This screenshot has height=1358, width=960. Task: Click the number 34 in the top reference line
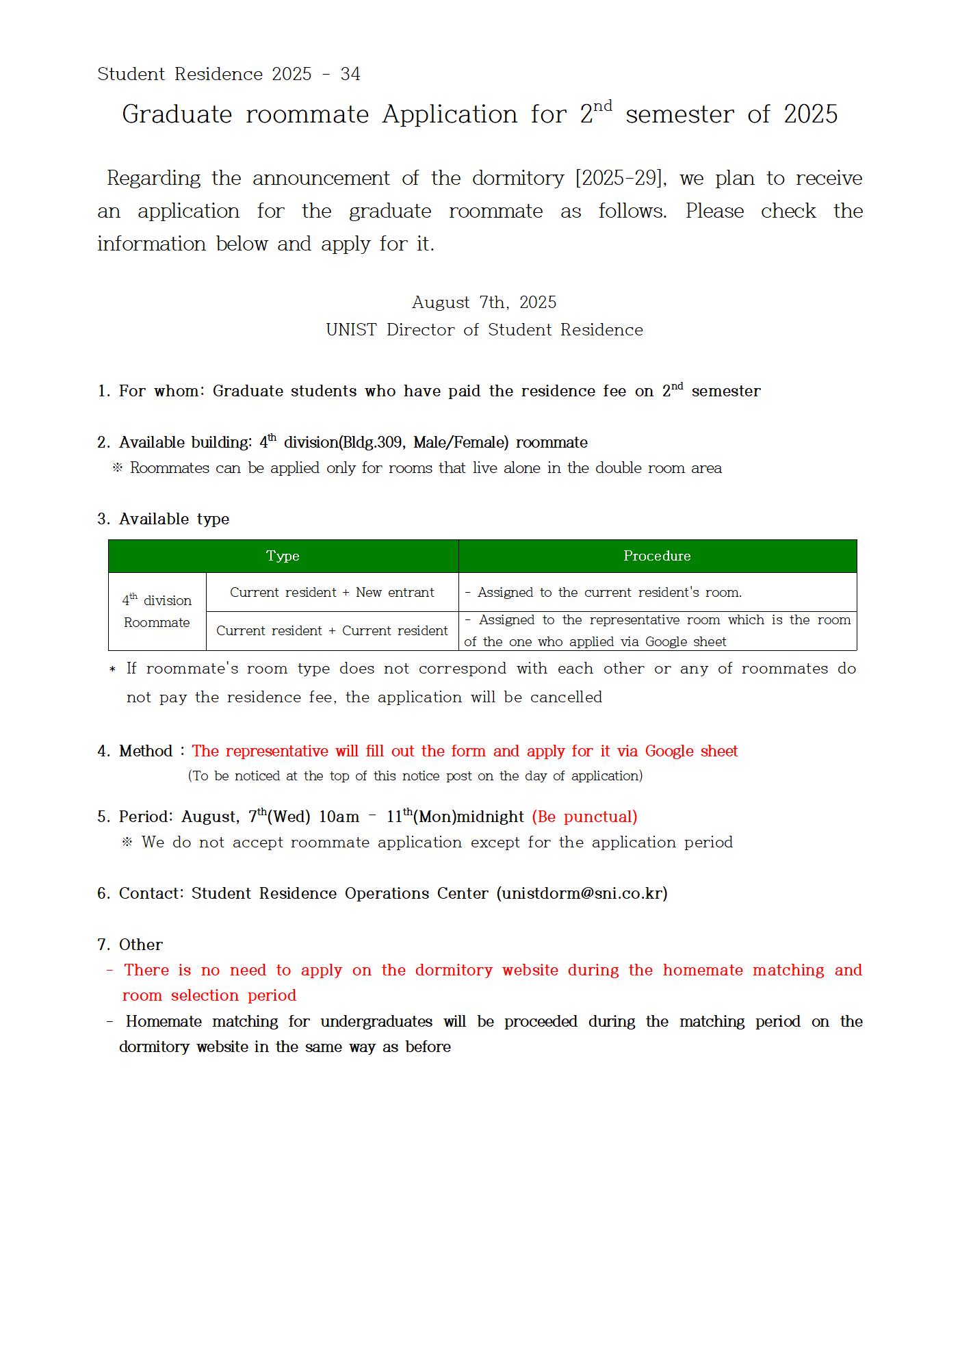coord(350,74)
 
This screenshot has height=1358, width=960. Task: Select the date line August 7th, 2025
coord(484,303)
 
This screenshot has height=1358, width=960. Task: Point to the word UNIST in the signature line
coord(351,330)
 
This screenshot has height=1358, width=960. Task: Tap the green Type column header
coord(283,556)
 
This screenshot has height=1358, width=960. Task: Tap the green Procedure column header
coord(657,556)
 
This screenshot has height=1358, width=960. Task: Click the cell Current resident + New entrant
coord(332,592)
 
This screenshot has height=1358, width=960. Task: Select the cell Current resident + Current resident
coord(332,630)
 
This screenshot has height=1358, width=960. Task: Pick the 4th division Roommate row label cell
coord(157,611)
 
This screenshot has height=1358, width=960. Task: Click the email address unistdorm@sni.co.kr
coord(582,893)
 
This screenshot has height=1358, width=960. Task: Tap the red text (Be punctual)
coord(584,817)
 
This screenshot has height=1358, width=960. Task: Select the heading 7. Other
coord(130,945)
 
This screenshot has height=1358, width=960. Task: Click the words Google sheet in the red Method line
coord(691,751)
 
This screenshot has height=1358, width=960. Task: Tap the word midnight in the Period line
coord(491,817)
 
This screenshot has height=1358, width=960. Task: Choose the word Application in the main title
coord(450,114)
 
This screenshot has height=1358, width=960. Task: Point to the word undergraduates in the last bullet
coord(376,1021)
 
